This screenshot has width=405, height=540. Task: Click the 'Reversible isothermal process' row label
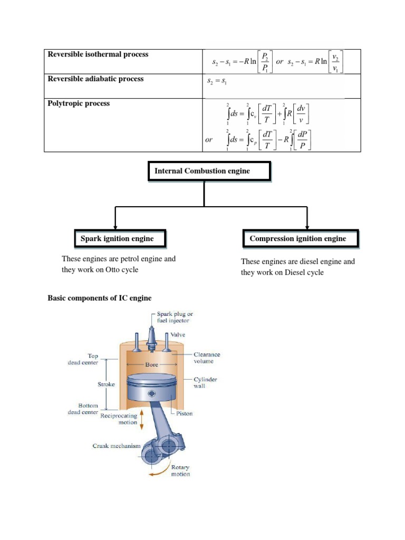click(x=98, y=54)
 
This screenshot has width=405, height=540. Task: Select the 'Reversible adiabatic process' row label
click(x=95, y=79)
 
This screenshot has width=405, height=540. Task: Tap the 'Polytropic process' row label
click(x=79, y=104)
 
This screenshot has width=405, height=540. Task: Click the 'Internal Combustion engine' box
click(x=209, y=171)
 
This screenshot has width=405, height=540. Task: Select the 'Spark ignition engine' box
click(x=120, y=239)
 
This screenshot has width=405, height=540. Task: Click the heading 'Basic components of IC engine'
click(x=99, y=298)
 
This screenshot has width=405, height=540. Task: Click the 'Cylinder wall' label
click(x=206, y=382)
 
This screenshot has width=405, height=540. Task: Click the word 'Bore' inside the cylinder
click(x=152, y=364)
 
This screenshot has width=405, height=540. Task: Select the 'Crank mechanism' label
click(x=117, y=446)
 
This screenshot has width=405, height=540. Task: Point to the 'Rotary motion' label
click(x=180, y=470)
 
